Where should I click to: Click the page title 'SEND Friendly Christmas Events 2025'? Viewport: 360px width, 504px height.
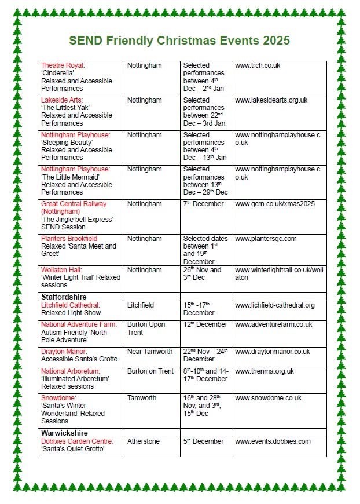pyautogui.click(x=179, y=41)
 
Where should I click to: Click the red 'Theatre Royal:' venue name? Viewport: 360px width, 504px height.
pyautogui.click(x=63, y=65)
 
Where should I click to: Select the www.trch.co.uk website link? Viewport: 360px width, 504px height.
pyautogui.click(x=258, y=65)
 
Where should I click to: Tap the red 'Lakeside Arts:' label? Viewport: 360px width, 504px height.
pyautogui.click(x=62, y=100)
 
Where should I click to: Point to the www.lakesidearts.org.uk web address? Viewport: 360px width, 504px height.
pyautogui.click(x=271, y=100)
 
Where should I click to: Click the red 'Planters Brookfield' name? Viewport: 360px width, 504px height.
pyautogui.click(x=69, y=239)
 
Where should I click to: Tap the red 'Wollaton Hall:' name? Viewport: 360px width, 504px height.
pyautogui.click(x=62, y=270)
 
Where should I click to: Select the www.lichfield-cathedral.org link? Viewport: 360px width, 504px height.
pyautogui.click(x=275, y=305)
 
